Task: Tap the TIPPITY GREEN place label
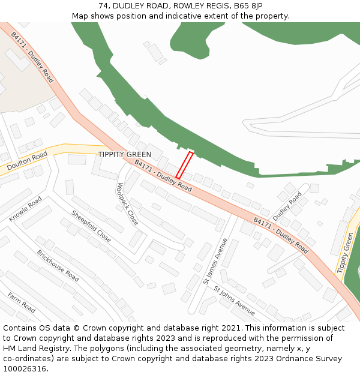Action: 125,155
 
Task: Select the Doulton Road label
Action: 27,160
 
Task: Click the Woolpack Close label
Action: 127,204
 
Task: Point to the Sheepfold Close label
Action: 91,226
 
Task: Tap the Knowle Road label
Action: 26,209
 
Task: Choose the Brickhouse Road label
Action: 58,266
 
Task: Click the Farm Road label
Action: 22,302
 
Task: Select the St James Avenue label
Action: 215,261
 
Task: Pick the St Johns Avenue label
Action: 235,300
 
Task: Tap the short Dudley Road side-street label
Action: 287,206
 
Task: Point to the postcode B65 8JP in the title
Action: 248,6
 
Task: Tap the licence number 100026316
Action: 23,369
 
